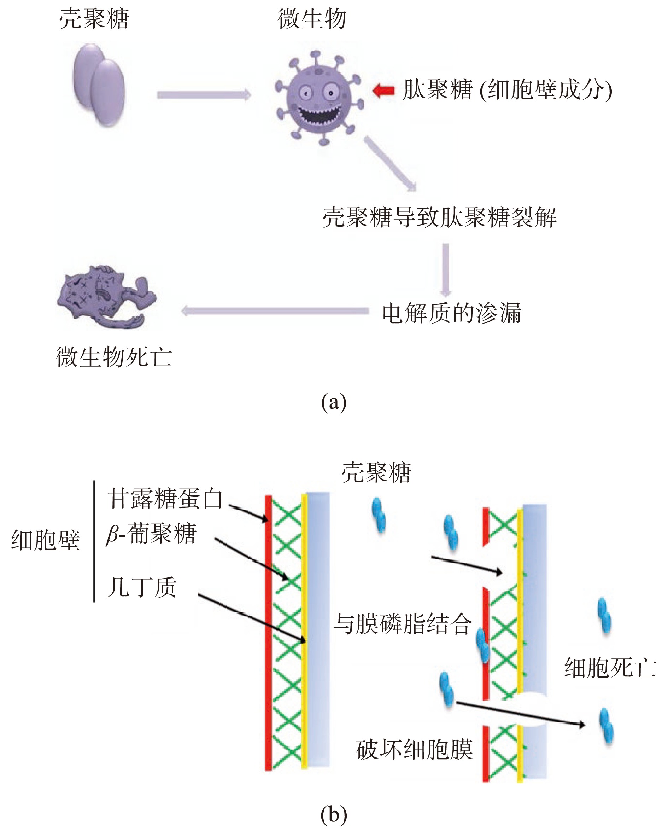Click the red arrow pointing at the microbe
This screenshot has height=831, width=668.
tap(384, 91)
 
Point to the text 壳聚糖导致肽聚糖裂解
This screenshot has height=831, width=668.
tap(439, 217)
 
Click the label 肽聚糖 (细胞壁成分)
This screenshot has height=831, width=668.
tap(507, 90)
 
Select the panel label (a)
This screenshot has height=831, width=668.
tap(334, 402)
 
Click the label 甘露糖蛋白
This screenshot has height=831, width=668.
tap(165, 498)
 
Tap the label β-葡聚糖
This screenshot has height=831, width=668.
tap(151, 534)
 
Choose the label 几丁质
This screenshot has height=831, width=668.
tap(141, 587)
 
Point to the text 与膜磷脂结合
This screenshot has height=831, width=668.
tap(403, 624)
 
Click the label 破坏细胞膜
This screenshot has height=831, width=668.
tap(414, 750)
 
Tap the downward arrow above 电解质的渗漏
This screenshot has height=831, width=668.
tap(445, 270)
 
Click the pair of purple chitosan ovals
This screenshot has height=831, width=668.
tap(99, 85)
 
